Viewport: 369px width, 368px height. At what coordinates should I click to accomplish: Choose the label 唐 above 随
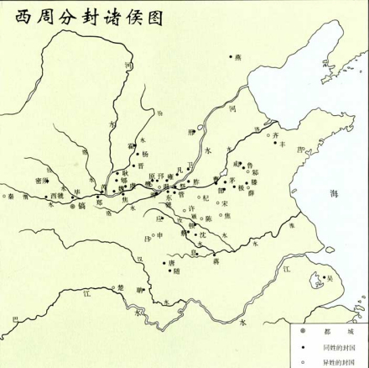point(172,261)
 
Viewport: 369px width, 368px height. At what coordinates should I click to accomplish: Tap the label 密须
point(39,180)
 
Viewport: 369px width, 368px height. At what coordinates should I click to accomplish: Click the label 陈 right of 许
point(207,218)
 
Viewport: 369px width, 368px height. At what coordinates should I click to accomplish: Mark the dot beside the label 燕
point(231,56)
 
